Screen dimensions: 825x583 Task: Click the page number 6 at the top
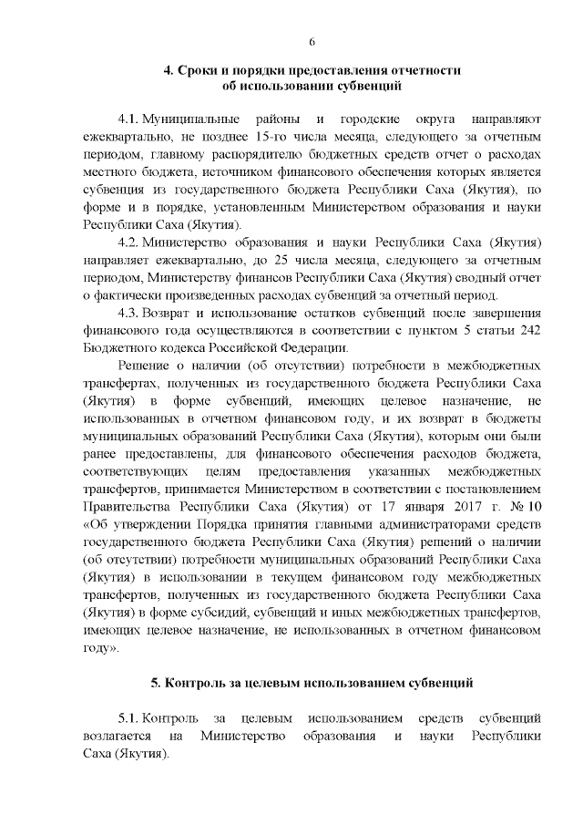pos(312,42)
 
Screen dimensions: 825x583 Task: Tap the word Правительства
pos(124,504)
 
